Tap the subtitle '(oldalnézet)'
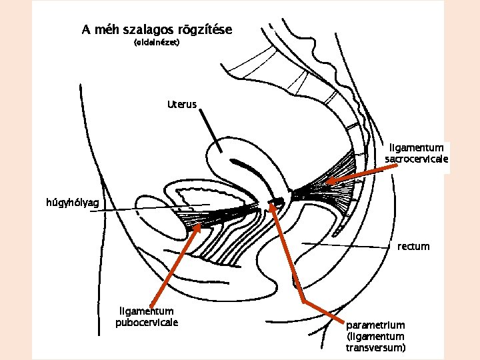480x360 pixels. coord(157,43)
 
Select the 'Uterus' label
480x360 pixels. coord(182,105)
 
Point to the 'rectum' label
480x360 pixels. coord(414,246)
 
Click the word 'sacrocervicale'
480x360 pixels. coord(417,160)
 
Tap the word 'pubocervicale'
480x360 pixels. coord(147,323)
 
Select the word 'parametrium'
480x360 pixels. coord(375,325)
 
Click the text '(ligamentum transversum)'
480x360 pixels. coord(375,342)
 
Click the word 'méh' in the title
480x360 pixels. coord(107,31)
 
